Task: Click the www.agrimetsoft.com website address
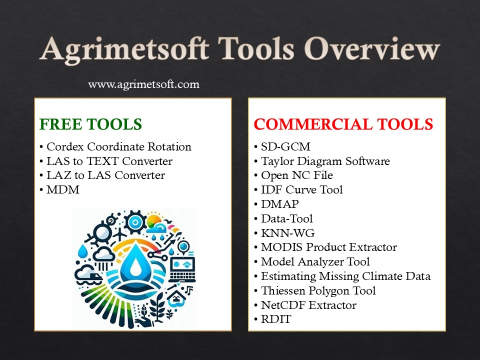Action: (143, 84)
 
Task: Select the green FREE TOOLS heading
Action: (90, 124)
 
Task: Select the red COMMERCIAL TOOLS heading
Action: (343, 124)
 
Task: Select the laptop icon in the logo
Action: (182, 268)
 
